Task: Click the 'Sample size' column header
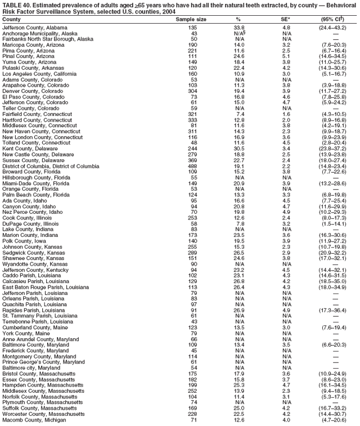(x=191, y=20)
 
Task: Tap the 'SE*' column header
(x=286, y=20)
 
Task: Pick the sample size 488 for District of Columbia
(x=193, y=167)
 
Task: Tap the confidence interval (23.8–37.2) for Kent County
(x=335, y=149)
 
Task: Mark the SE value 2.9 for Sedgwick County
(x=286, y=253)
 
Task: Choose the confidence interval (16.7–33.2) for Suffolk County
(x=335, y=409)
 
